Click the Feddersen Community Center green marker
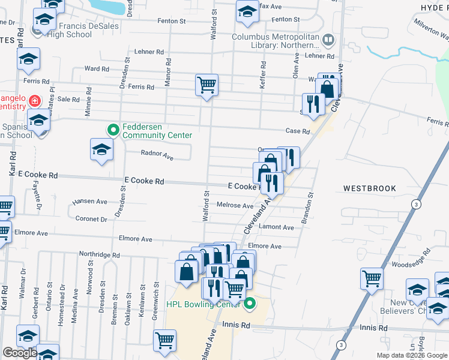112,130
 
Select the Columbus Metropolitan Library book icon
328,41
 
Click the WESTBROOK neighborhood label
370,188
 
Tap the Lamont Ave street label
276,227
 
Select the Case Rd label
297,131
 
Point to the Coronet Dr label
91,219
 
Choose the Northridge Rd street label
99,255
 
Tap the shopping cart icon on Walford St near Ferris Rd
206,85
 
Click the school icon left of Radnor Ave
101,149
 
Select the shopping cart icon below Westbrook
372,279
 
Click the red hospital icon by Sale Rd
35,100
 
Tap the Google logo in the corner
20,353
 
